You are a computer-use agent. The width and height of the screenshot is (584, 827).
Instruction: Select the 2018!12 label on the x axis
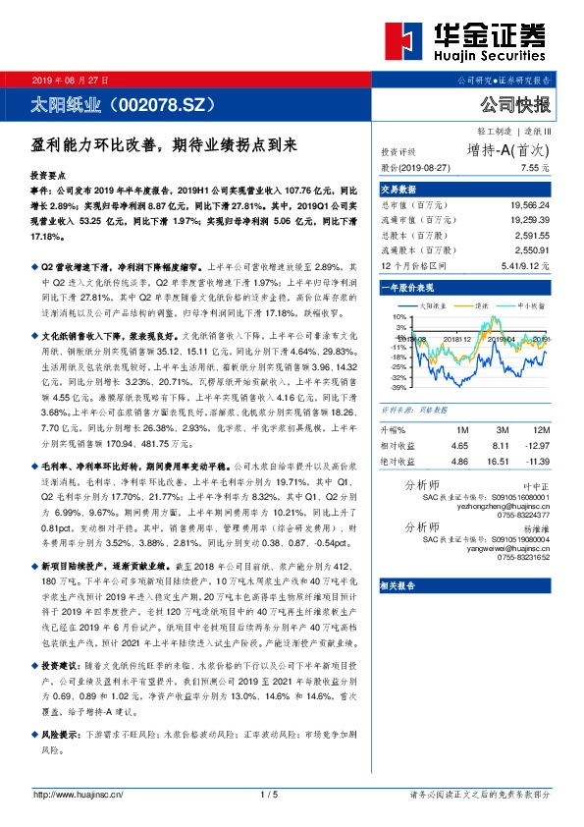(x=458, y=338)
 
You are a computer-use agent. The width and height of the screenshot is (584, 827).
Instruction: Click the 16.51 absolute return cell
(x=501, y=460)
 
